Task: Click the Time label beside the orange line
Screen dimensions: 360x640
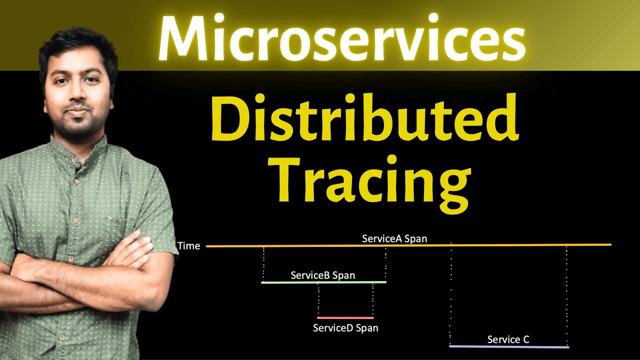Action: (188, 246)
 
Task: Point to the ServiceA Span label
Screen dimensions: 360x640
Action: (394, 238)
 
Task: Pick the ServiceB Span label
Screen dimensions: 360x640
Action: (323, 275)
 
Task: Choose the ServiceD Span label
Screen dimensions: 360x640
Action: (345, 328)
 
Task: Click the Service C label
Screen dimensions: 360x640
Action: (508, 340)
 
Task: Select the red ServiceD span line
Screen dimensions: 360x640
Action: (345, 318)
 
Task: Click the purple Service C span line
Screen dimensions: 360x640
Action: (509, 346)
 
